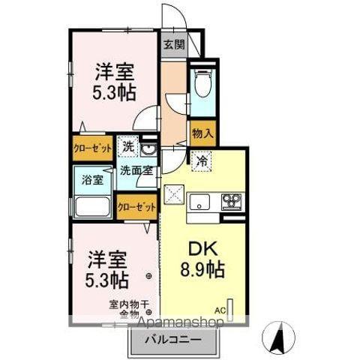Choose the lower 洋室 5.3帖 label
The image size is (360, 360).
coord(106,268)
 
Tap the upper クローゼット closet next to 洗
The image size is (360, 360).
coord(93,148)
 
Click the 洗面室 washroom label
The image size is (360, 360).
coord(138,171)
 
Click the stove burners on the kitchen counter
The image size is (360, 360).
coord(232,200)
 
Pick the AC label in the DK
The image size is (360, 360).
coord(220,309)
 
